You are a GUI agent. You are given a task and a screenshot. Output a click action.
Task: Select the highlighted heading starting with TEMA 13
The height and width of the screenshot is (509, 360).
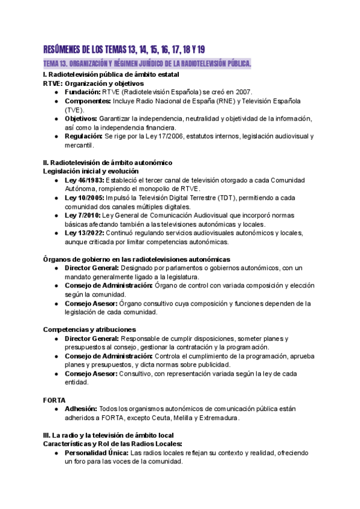(x=147, y=64)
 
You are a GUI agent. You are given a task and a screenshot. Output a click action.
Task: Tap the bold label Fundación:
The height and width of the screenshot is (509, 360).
(x=82, y=92)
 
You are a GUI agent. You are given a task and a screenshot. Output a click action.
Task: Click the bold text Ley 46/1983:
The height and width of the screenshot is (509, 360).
(x=84, y=180)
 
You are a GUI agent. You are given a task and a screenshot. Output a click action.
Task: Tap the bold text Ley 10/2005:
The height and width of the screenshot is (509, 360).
(x=85, y=197)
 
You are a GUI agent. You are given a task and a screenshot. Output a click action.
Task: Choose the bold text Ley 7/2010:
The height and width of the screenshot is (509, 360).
(x=82, y=215)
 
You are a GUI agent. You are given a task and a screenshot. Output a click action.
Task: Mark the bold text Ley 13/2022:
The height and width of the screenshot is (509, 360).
(x=85, y=233)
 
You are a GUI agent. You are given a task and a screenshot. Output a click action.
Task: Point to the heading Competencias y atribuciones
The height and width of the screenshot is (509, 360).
(x=89, y=330)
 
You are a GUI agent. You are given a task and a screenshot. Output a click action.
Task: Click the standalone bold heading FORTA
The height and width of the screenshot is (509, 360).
(x=54, y=400)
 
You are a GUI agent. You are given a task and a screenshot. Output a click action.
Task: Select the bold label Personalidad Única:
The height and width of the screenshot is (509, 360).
(x=96, y=453)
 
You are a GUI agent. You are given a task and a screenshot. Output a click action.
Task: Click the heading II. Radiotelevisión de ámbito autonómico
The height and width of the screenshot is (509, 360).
(x=108, y=163)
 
